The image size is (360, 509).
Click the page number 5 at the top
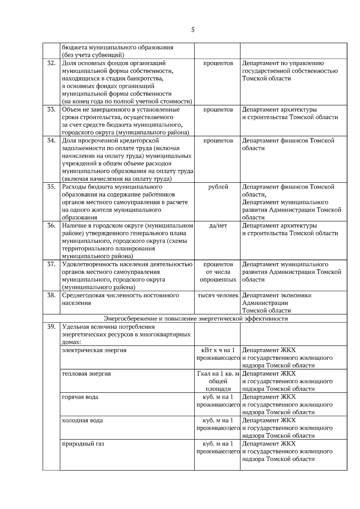click(193, 30)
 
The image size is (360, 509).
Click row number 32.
click(52, 63)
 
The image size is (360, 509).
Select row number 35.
click(52, 187)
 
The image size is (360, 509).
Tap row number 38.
click(52, 295)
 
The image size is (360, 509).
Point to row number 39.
click(52, 327)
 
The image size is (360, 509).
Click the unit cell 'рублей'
click(218, 187)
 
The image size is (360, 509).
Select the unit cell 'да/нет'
click(218, 225)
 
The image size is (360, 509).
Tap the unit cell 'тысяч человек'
click(218, 295)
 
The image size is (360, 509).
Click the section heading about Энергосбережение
click(196, 318)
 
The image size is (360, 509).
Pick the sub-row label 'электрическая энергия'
click(94, 350)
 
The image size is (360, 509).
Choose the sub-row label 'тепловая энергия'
click(86, 374)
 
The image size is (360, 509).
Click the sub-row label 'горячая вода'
click(80, 397)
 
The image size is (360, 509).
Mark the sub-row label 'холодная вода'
click(82, 420)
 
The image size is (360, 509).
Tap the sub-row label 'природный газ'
click(83, 444)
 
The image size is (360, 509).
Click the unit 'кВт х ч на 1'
click(218, 350)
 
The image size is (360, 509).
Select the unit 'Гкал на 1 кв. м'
click(218, 374)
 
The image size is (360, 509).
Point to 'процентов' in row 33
click(218, 109)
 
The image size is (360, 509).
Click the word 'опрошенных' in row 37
click(218, 280)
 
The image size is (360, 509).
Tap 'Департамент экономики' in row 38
click(277, 295)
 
